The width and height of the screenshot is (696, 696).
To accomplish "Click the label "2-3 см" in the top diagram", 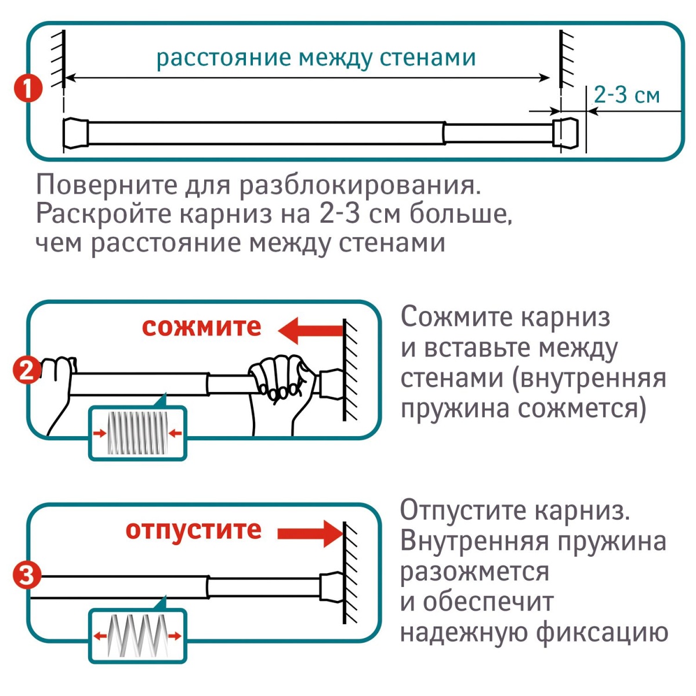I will pos(627,94).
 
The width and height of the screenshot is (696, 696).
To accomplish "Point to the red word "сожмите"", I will pos(201,327).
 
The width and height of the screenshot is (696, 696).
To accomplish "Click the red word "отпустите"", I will pos(193,530).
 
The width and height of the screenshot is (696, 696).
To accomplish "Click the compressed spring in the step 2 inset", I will pos(137,433).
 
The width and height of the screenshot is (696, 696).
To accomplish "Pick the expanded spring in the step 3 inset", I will pos(137,636).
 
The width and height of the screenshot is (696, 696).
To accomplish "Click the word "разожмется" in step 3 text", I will pos(474,571).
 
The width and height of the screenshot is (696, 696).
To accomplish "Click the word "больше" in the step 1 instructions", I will pos(461,214).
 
